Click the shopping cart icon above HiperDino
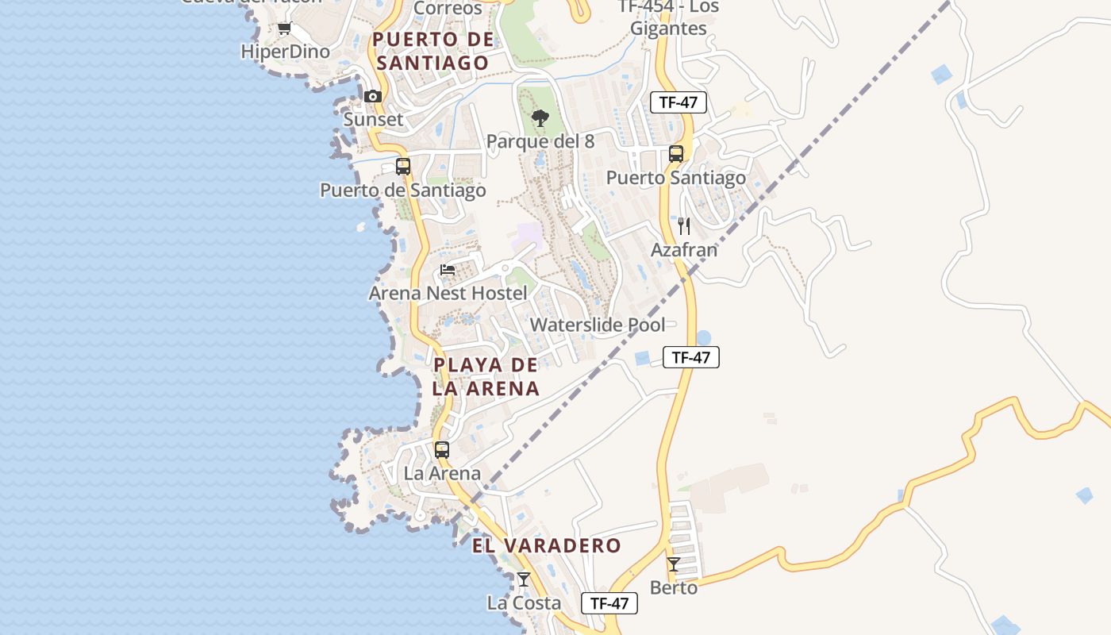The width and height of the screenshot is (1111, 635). click(284, 29)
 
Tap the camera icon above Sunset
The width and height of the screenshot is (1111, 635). click(373, 97)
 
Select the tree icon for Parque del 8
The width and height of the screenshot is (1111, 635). click(540, 119)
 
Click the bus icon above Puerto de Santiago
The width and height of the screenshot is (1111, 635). click(403, 167)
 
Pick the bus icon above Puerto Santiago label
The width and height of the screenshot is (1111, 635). click(676, 154)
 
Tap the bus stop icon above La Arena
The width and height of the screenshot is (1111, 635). click(442, 450)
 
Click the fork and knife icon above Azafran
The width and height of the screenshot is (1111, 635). click(684, 226)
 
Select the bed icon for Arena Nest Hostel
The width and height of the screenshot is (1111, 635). click(448, 270)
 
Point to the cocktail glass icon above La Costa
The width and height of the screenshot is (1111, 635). click(524, 579)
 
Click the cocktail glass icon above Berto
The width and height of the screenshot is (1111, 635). click(674, 564)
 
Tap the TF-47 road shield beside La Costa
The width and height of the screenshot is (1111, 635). click(609, 603)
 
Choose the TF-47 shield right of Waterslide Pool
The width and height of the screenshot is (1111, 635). click(690, 357)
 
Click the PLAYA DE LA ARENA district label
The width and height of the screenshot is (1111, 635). click(486, 377)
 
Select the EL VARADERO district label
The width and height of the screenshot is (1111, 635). click(547, 546)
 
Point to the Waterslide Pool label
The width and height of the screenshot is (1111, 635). click(598, 325)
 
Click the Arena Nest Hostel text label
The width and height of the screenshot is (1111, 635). click(448, 294)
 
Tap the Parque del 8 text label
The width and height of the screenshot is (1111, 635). click(540, 142)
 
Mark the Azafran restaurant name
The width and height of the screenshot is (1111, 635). click(684, 250)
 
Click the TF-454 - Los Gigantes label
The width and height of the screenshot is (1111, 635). click(667, 17)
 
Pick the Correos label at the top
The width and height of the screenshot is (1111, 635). click(448, 8)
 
